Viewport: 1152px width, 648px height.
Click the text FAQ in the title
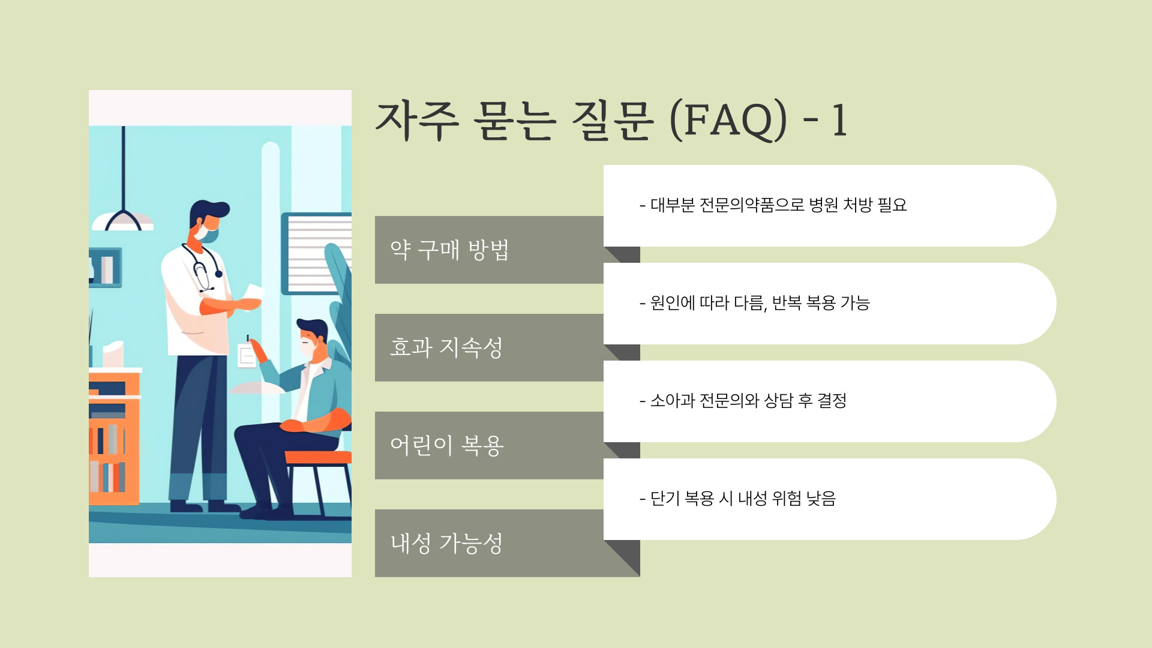(728, 120)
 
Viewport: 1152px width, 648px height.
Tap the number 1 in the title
(839, 121)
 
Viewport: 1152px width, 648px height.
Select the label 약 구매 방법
(449, 250)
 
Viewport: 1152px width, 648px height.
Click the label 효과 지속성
(446, 348)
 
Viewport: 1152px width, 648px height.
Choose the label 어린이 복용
(446, 446)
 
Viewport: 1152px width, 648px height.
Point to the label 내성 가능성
(446, 544)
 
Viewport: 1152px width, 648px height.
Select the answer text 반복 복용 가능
(821, 303)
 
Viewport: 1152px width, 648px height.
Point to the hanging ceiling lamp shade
(123, 221)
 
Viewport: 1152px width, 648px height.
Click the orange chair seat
(318, 457)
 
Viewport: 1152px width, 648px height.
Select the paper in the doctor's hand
(252, 294)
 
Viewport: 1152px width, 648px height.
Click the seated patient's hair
(313, 328)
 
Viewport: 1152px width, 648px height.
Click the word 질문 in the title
(611, 120)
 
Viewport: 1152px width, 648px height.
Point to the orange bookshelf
(114, 438)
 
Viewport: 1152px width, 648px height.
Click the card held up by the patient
(247, 355)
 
